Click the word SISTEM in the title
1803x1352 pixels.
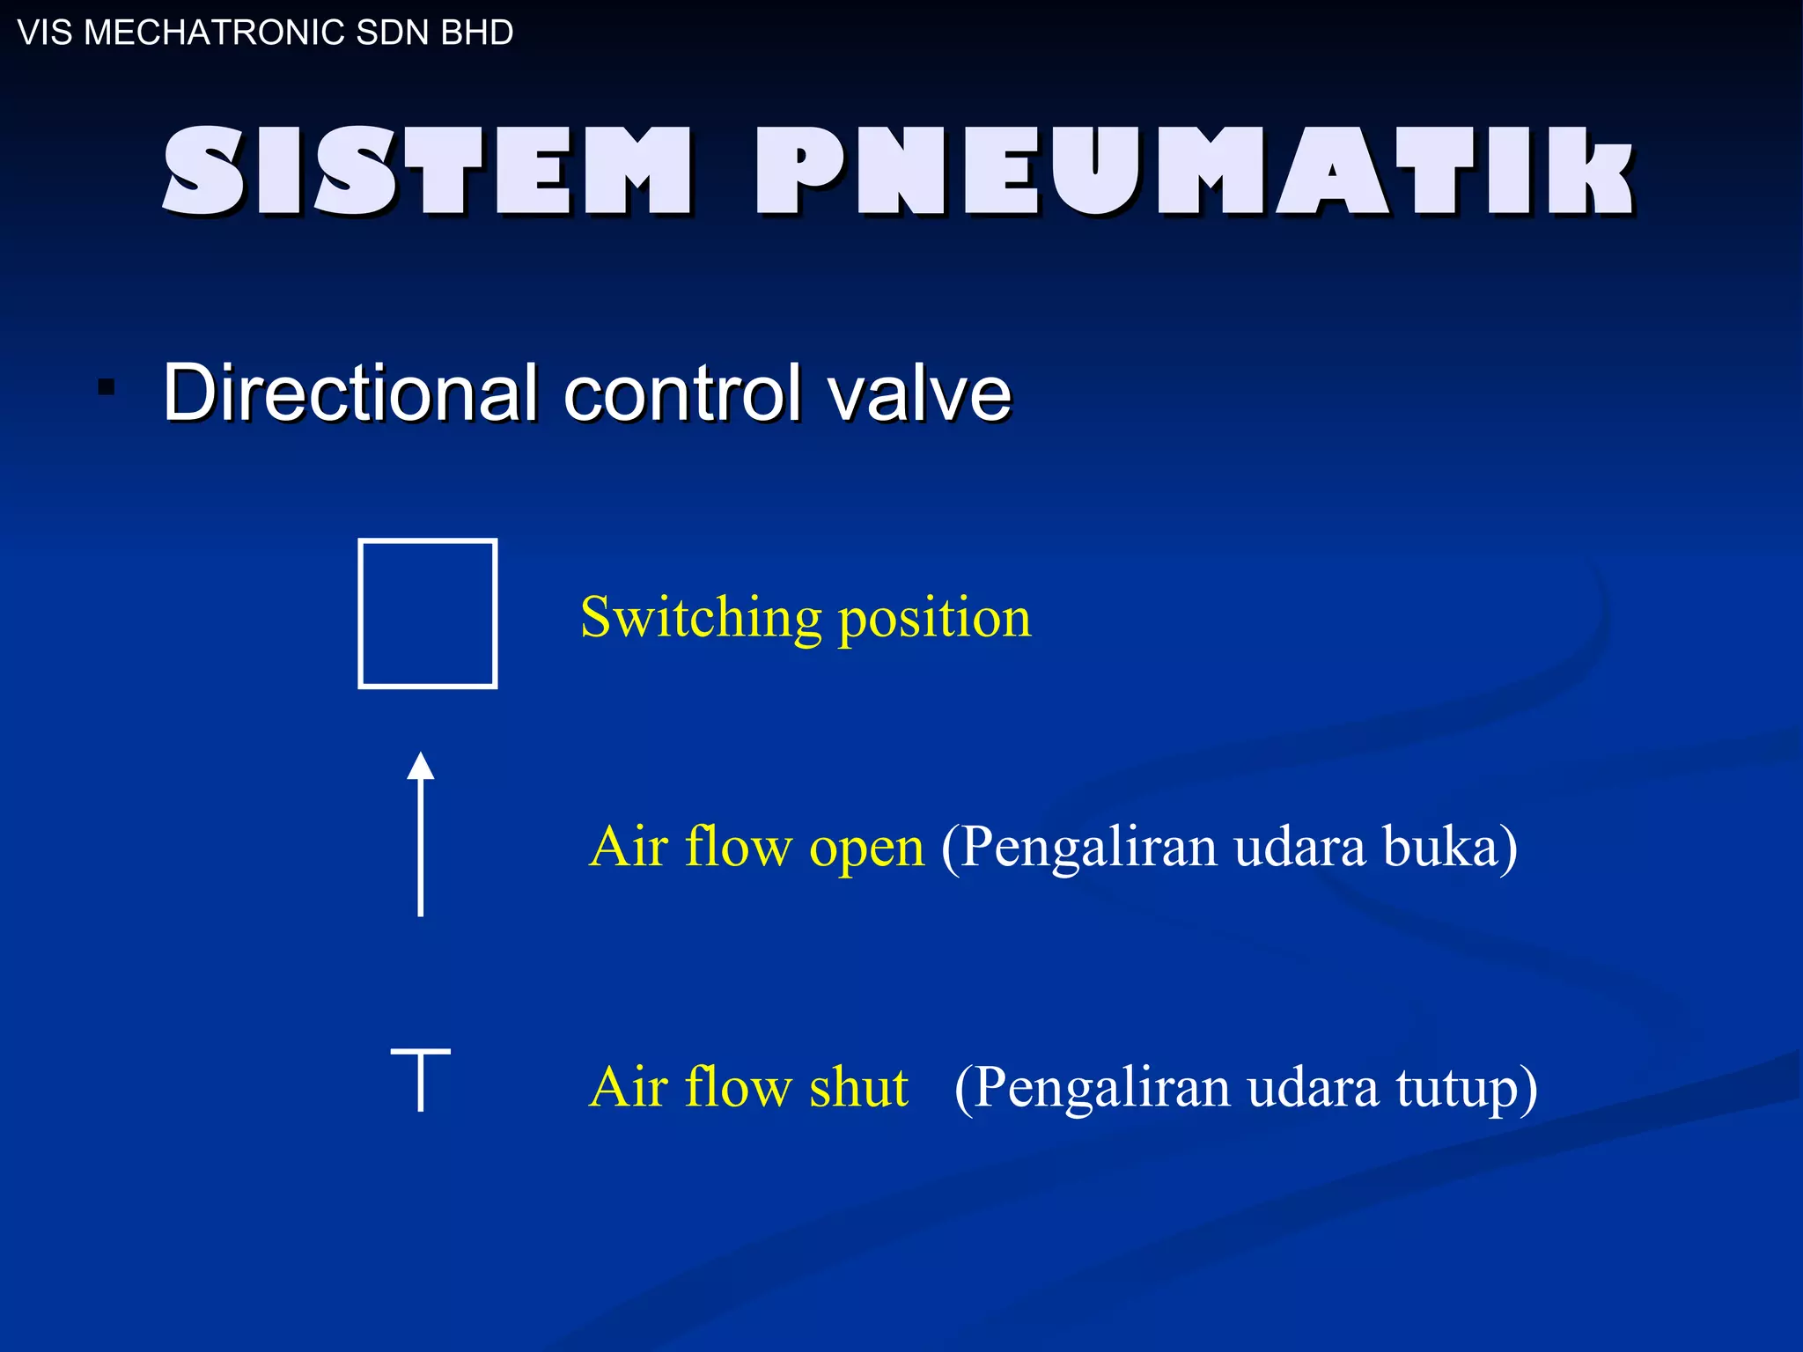point(427,171)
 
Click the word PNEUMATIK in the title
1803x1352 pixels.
point(1193,171)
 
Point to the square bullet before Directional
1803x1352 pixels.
point(107,388)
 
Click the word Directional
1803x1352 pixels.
point(350,393)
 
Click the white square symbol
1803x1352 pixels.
point(428,614)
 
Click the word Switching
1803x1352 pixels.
point(701,618)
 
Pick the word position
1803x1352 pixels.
point(934,618)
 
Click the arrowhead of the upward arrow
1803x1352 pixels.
point(421,766)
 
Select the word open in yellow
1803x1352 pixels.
point(866,848)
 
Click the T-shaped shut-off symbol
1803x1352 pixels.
point(421,1078)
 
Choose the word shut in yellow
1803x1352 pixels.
point(858,1086)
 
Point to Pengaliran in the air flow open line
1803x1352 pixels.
point(1088,848)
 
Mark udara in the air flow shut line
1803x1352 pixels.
point(1313,1087)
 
